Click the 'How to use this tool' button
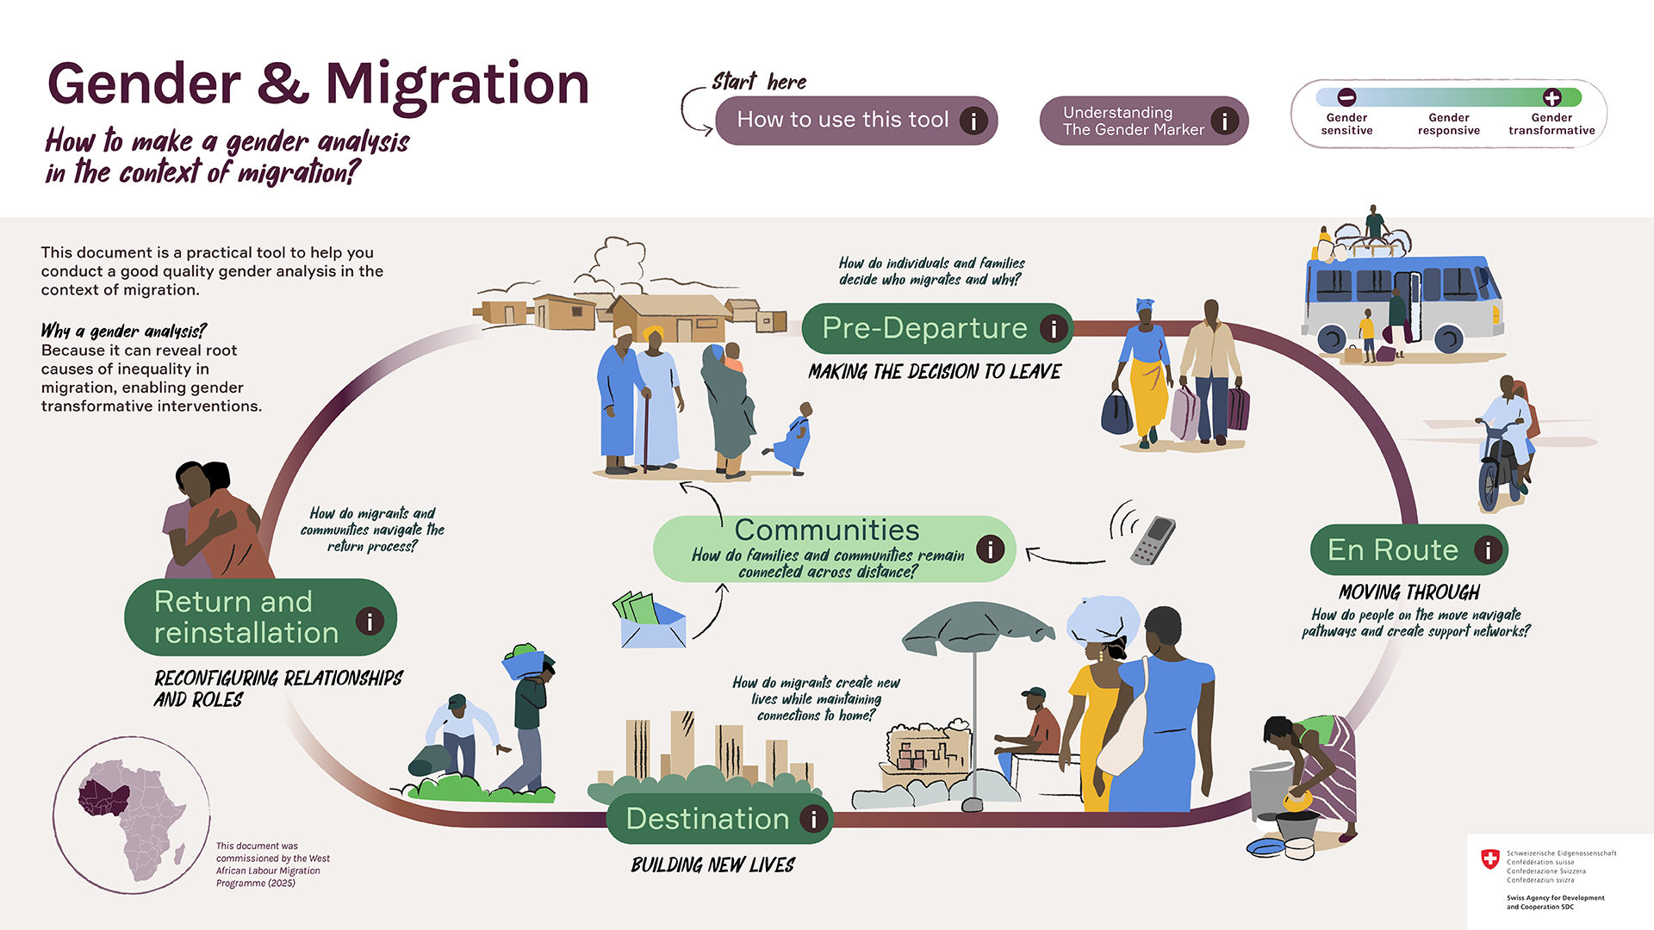[843, 121]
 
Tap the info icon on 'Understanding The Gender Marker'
[1224, 121]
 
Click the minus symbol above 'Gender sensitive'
[1346, 97]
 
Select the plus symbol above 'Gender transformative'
[1551, 97]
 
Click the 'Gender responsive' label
[1448, 124]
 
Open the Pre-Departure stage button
[924, 328]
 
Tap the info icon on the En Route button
[1487, 549]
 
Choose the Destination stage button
[707, 819]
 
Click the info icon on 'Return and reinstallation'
[370, 620]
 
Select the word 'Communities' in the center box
[826, 530]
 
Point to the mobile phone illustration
[1153, 540]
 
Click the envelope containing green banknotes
[652, 622]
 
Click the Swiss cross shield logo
[1489, 859]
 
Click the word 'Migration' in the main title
[457, 84]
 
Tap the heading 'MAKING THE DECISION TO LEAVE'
[935, 372]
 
